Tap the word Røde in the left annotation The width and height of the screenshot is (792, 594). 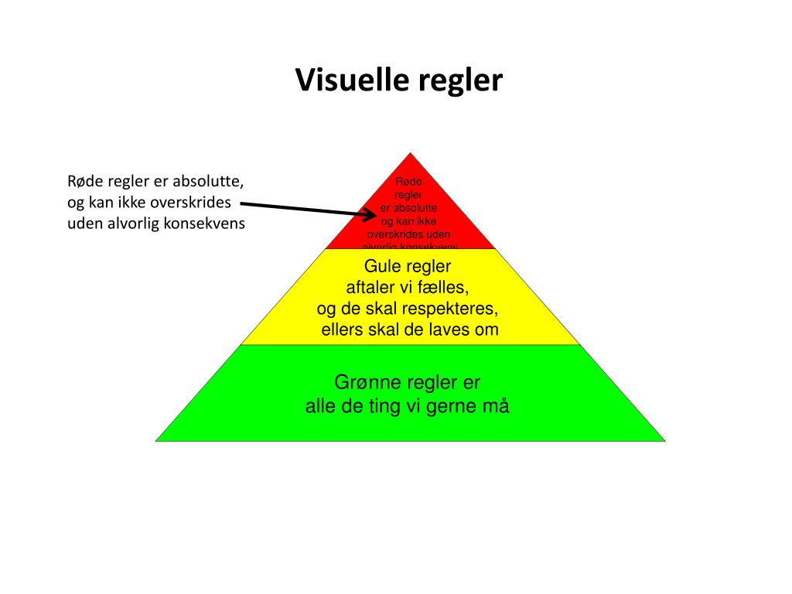click(84, 183)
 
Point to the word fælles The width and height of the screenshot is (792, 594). click(445, 288)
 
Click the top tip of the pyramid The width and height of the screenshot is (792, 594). click(410, 153)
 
